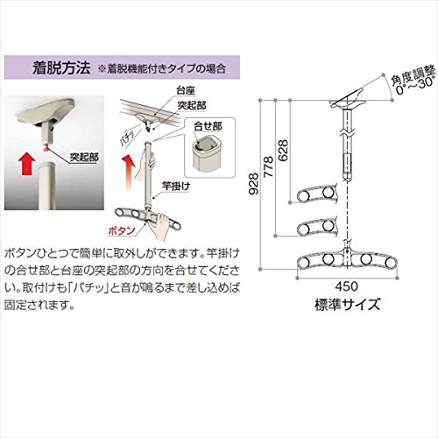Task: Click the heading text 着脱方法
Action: point(61,67)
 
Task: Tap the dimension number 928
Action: point(254,184)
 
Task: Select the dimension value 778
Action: point(268,166)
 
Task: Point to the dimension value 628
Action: point(283,150)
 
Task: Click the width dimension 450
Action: point(347,286)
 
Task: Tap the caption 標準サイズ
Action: point(348,305)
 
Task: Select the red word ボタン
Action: point(122,231)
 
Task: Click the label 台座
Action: point(185,91)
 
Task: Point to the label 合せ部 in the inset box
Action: point(208,126)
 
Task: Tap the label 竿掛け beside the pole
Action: point(176,186)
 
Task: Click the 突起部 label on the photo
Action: point(84,158)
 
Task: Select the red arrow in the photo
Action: point(26,165)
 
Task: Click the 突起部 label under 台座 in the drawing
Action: point(192,105)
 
